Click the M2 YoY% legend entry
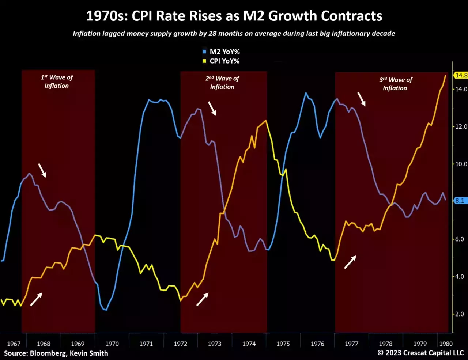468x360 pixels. tap(224, 52)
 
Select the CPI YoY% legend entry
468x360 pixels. tap(224, 61)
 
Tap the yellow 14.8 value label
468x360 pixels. tap(461, 75)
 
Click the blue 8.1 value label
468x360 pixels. tap(460, 201)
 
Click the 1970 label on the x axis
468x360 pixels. tap(112, 344)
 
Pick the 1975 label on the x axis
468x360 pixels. tap(283, 344)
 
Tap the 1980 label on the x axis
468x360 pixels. tap(446, 344)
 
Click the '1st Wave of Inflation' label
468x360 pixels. tap(57, 82)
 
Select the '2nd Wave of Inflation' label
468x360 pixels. tap(222, 83)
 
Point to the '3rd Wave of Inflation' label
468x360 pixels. tap(395, 84)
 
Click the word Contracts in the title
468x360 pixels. tap(352, 16)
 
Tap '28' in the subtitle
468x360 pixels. tap(212, 34)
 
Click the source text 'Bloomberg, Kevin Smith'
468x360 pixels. tap(69, 353)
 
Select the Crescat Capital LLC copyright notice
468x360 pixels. tap(420, 353)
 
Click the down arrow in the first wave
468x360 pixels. tap(42, 170)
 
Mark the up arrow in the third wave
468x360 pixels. tap(350, 262)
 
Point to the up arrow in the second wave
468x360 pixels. tap(203, 299)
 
